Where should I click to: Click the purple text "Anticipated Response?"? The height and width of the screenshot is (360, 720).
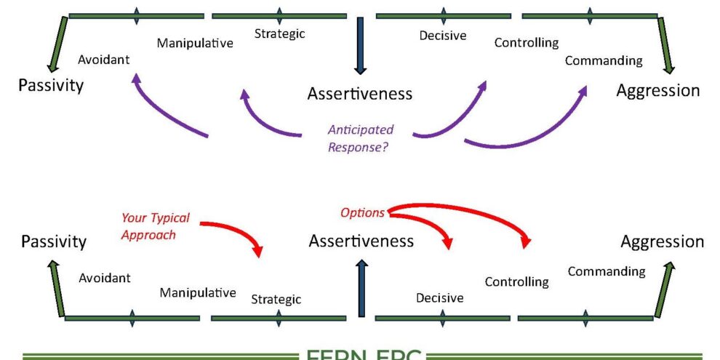pyautogui.click(x=360, y=138)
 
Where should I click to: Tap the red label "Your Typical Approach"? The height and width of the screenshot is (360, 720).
pyautogui.click(x=155, y=226)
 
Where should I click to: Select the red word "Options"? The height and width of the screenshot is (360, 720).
pyautogui.click(x=362, y=212)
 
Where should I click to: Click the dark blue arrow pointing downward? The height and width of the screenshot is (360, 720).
pyautogui.click(x=360, y=45)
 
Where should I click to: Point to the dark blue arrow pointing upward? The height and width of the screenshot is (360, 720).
pyautogui.click(x=361, y=287)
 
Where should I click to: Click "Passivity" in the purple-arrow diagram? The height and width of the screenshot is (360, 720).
pyautogui.click(x=51, y=85)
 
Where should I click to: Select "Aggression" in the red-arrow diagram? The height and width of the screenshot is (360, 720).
pyautogui.click(x=662, y=241)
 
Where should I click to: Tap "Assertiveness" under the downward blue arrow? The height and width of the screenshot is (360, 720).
pyautogui.click(x=360, y=93)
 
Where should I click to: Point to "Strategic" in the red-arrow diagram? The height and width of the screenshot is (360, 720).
pyautogui.click(x=276, y=299)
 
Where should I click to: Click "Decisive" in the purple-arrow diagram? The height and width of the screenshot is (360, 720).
pyautogui.click(x=443, y=35)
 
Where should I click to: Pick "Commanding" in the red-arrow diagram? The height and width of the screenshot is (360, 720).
pyautogui.click(x=607, y=271)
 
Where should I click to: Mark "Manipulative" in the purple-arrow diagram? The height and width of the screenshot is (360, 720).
pyautogui.click(x=195, y=43)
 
